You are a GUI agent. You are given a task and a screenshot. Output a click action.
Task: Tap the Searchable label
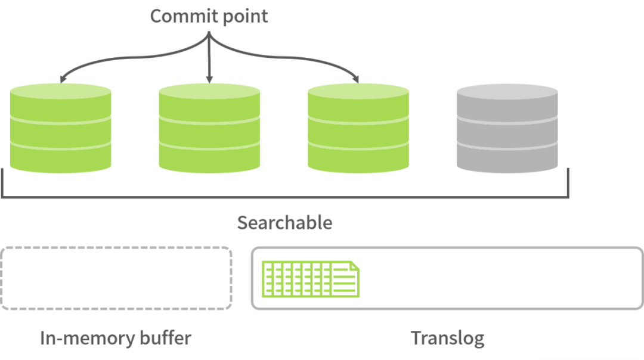coord(284,222)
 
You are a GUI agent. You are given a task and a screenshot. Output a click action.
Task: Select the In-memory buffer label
coord(115,339)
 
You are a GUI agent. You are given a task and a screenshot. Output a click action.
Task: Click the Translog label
coord(447,339)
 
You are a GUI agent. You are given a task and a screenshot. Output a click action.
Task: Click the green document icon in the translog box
coord(311,279)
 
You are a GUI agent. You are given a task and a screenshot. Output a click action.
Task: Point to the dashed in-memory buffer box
coord(116,278)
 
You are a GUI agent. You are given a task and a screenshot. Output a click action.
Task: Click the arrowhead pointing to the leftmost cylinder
coord(61,80)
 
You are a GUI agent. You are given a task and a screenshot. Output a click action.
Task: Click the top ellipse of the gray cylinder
coord(507,91)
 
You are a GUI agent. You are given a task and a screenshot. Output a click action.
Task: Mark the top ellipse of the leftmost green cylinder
coord(60,91)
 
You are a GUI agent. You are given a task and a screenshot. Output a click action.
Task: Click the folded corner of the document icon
coord(354,267)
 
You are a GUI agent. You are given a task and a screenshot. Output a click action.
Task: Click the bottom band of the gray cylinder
coord(507,160)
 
